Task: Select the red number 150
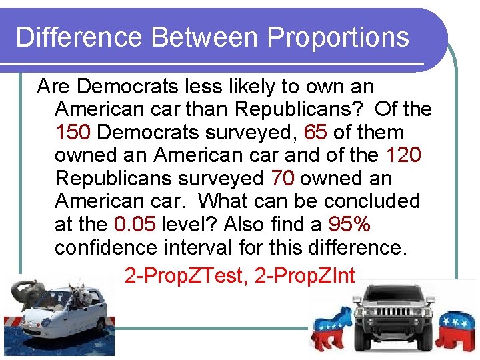pyautogui.click(x=73, y=132)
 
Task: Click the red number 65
pyautogui.click(x=315, y=132)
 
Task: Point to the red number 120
pyautogui.click(x=404, y=155)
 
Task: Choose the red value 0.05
pyautogui.click(x=135, y=224)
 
